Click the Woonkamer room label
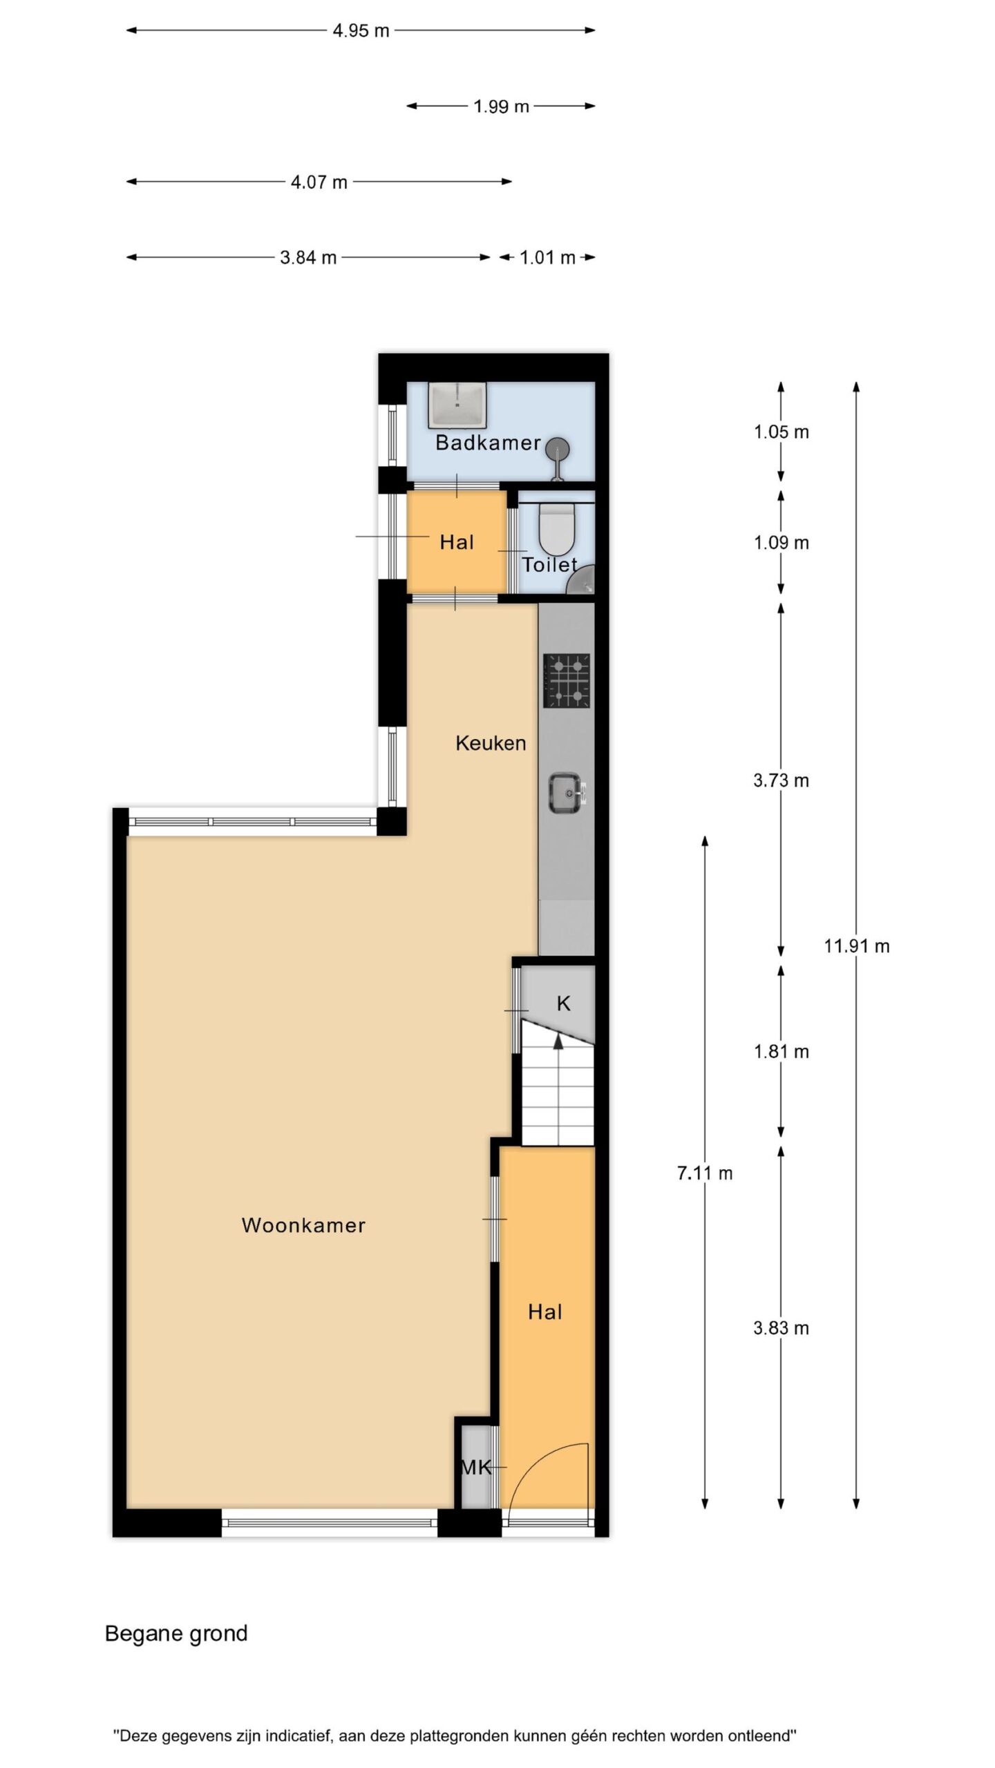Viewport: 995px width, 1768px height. (303, 1225)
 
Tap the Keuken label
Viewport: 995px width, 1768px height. (491, 743)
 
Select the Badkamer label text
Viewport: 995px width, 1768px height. (488, 443)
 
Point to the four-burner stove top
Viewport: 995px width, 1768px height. (567, 681)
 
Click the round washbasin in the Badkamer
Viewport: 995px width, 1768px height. (557, 449)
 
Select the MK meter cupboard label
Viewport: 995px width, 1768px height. (476, 1467)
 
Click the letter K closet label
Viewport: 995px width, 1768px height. (564, 1003)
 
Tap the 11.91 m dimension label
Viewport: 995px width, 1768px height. (857, 946)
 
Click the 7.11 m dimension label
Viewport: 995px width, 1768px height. (705, 1173)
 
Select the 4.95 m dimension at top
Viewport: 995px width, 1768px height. (361, 30)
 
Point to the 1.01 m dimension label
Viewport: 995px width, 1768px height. (547, 258)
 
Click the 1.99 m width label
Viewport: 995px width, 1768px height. (501, 106)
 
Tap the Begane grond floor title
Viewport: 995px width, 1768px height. (176, 1633)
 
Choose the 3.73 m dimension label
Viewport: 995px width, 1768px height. (781, 780)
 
